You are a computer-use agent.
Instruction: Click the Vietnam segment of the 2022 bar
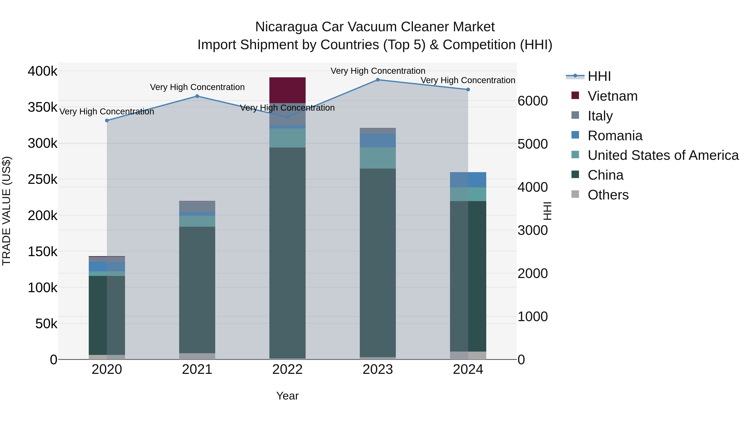(287, 90)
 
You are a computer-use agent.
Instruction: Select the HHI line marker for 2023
(378, 80)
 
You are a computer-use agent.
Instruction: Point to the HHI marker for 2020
(107, 121)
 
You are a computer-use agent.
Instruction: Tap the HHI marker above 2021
(197, 96)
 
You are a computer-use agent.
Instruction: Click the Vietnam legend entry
(612, 96)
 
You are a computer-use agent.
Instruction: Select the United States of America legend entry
(663, 155)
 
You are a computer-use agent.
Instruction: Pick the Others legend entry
(608, 195)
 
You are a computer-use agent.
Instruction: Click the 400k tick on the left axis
(42, 71)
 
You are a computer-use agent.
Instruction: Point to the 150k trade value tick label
(42, 252)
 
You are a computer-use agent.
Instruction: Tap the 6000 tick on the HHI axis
(532, 101)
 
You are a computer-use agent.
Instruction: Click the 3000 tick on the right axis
(532, 230)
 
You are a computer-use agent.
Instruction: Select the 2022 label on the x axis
(287, 369)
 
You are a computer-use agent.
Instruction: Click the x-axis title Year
(287, 396)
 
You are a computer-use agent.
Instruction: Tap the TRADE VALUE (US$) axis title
(6, 211)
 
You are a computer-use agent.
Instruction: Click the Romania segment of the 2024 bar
(468, 180)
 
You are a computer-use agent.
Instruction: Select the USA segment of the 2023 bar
(378, 158)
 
